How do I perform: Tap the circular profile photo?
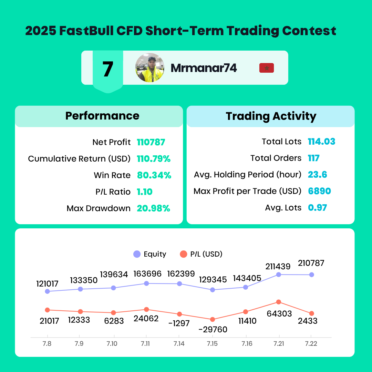pyautogui.click(x=150, y=68)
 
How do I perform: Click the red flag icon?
pyautogui.click(x=266, y=68)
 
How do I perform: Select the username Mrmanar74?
pyautogui.click(x=204, y=68)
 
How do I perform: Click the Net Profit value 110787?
pyautogui.click(x=151, y=142)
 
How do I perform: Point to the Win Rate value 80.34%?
pyautogui.click(x=154, y=175)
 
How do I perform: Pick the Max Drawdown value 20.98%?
pyautogui.click(x=154, y=208)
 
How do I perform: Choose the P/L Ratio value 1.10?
pyautogui.click(x=144, y=192)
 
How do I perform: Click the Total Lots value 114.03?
pyautogui.click(x=321, y=142)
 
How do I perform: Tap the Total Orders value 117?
pyautogui.click(x=314, y=158)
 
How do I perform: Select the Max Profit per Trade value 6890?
pyautogui.click(x=319, y=191)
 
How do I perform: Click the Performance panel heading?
pyautogui.click(x=102, y=116)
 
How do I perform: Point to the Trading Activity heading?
pyautogui.click(x=271, y=116)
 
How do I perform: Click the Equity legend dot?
pyautogui.click(x=137, y=254)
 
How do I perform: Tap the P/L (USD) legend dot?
pyautogui.click(x=183, y=254)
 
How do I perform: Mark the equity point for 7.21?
pyautogui.click(x=279, y=275)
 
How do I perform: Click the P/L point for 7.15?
pyautogui.click(x=213, y=320)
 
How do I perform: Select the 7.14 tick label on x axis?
pyautogui.click(x=179, y=344)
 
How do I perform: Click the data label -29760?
pyautogui.click(x=213, y=330)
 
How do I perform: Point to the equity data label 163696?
pyautogui.click(x=147, y=274)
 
